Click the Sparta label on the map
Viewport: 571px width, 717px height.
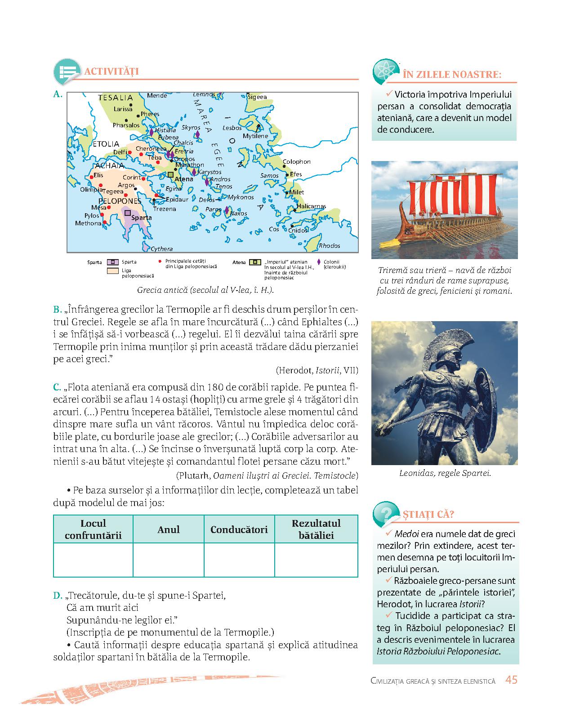141,218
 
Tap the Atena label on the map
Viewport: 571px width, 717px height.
183,179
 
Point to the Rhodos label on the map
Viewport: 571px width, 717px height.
329,246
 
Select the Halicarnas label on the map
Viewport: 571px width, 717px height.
311,206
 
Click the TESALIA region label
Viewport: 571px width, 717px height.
116,98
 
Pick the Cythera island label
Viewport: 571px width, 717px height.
161,249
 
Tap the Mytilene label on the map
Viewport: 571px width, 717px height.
255,136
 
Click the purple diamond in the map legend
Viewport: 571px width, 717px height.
319,262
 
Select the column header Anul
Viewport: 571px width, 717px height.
169,529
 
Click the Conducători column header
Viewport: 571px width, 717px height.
239,529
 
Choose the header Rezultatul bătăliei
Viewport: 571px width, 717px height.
316,529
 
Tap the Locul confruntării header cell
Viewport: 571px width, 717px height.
93,529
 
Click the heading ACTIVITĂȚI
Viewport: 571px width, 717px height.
112,71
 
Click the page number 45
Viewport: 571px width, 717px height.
511,680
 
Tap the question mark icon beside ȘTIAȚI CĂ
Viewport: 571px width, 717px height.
386,514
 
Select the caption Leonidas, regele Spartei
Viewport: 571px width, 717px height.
445,473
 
